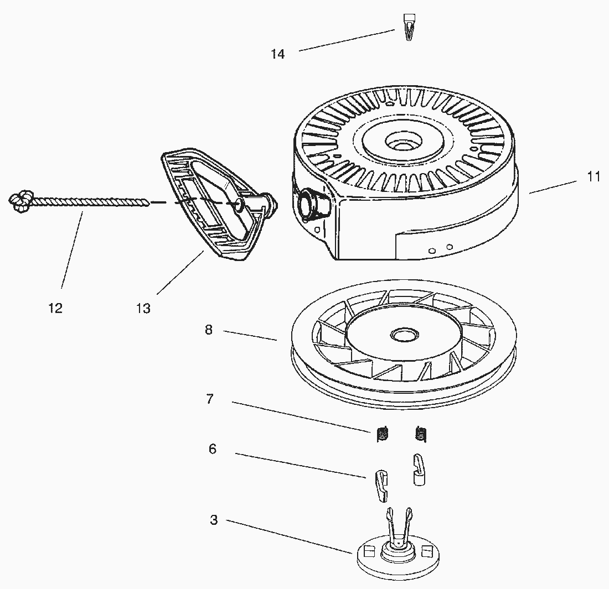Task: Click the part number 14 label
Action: coord(277,54)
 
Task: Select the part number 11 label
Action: coord(593,176)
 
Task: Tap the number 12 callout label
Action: coord(55,308)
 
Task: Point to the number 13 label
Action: coord(143,309)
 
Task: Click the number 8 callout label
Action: coord(209,330)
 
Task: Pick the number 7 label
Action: coord(210,399)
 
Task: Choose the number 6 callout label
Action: coord(212,449)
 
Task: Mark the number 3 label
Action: coord(214,520)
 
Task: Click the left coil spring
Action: coord(382,435)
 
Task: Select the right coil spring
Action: coord(421,435)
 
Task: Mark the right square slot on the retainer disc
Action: coord(426,551)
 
